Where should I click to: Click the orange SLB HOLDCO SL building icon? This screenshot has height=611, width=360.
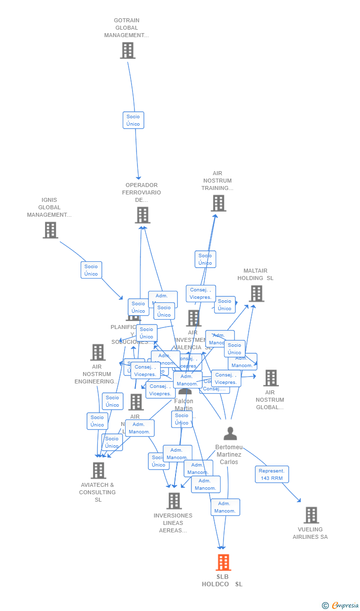pyautogui.click(x=223, y=563)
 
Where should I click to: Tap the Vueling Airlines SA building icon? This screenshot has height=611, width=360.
pyautogui.click(x=311, y=515)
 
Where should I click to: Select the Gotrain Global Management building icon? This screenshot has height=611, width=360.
pyautogui.click(x=128, y=50)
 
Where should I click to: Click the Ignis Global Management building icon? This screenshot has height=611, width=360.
pyautogui.click(x=50, y=230)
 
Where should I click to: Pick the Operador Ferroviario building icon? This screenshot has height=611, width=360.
pyautogui.click(x=142, y=215)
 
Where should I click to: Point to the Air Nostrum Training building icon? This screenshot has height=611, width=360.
pyautogui.click(x=218, y=203)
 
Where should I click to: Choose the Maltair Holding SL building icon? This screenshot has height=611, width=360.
pyautogui.click(x=256, y=293)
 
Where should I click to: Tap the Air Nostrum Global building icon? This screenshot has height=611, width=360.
pyautogui.click(x=270, y=378)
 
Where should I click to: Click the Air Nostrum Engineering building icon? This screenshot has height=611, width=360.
pyautogui.click(x=98, y=352)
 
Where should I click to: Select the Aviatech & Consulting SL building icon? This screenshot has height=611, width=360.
pyautogui.click(x=98, y=470)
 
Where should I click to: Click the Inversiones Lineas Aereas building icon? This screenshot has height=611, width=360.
pyautogui.click(x=174, y=501)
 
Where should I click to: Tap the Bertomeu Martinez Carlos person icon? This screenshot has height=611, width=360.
pyautogui.click(x=230, y=433)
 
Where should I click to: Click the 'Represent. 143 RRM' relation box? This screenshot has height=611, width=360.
pyautogui.click(x=272, y=474)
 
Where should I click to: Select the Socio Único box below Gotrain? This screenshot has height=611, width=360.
pyautogui.click(x=134, y=120)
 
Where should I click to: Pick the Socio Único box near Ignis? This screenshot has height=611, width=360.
pyautogui.click(x=91, y=270)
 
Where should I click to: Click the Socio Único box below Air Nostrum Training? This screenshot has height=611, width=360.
pyautogui.click(x=205, y=259)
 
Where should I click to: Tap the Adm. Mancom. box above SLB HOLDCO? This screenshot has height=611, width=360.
pyautogui.click(x=225, y=507)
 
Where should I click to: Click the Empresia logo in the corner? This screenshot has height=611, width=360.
pyautogui.click(x=341, y=605)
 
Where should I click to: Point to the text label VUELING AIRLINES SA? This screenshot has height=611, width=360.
pyautogui.click(x=310, y=533)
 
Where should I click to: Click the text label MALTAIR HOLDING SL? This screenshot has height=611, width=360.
pyautogui.click(x=255, y=275)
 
